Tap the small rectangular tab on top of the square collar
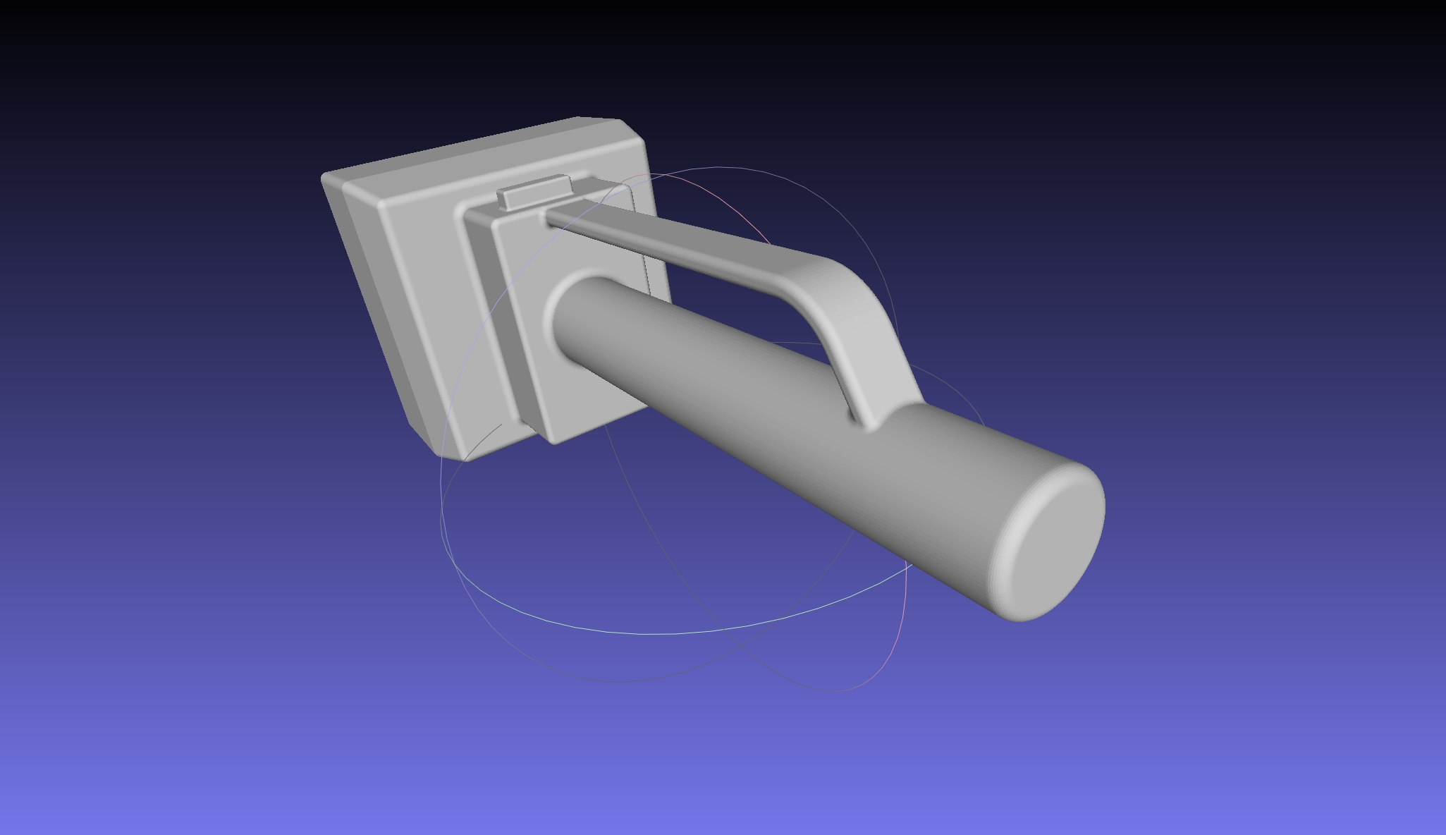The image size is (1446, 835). click(x=534, y=192)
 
